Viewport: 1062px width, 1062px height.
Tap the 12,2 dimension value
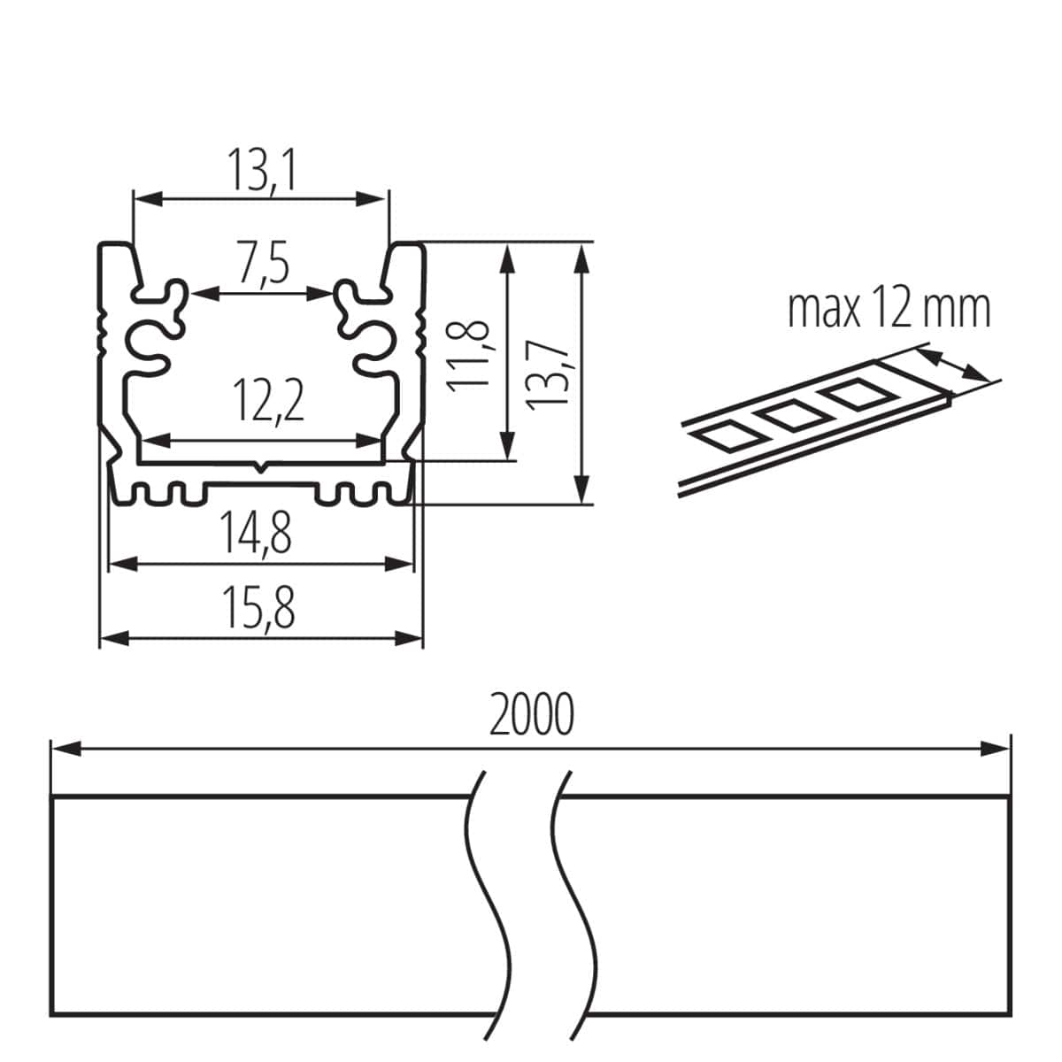pos(269,402)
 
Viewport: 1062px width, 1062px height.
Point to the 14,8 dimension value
pos(257,535)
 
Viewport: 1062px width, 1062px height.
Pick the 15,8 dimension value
pos(258,609)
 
